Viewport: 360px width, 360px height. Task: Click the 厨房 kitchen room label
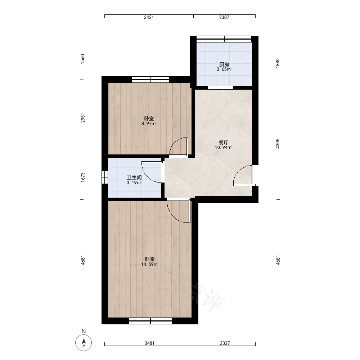click(224, 64)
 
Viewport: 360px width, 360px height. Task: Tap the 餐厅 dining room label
click(224, 143)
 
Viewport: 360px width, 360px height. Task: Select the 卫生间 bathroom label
click(134, 178)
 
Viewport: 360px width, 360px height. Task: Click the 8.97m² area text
click(149, 124)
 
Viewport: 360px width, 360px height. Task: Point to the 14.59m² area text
click(150, 265)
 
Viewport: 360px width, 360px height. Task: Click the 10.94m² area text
click(224, 148)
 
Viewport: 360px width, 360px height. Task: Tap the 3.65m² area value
click(224, 69)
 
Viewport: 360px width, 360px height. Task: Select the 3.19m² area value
click(134, 183)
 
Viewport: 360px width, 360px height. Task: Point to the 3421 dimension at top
click(149, 17)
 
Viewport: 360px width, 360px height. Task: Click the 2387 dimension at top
click(224, 17)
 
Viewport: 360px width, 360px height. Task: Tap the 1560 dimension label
click(83, 59)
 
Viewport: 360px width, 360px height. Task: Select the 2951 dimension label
click(83, 118)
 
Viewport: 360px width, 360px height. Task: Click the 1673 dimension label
click(83, 177)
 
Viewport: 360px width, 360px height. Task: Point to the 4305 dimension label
click(278, 144)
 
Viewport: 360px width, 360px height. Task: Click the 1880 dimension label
click(278, 63)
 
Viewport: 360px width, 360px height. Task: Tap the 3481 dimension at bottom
click(149, 343)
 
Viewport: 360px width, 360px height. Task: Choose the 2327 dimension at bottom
click(225, 343)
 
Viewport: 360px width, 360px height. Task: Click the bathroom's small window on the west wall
click(105, 177)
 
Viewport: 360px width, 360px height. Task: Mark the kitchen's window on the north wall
click(224, 39)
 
